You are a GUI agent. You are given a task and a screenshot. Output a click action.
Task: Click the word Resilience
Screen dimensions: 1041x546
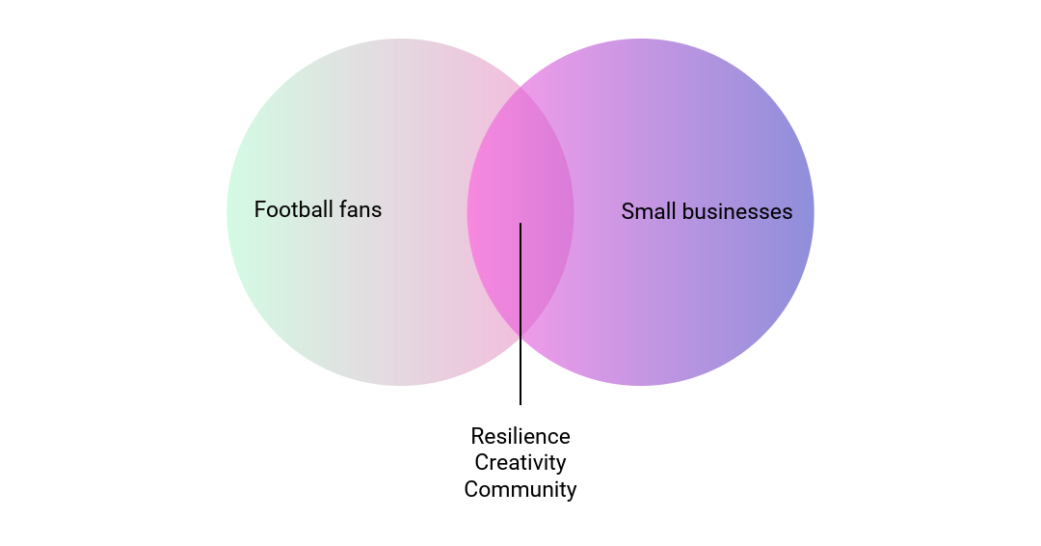pyautogui.click(x=520, y=436)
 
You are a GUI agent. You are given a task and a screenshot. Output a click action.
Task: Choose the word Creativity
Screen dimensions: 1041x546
pyautogui.click(x=520, y=463)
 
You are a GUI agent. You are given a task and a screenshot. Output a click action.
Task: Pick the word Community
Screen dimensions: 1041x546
pyautogui.click(x=520, y=490)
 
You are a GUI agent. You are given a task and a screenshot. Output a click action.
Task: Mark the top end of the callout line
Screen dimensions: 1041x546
pyautogui.click(x=520, y=224)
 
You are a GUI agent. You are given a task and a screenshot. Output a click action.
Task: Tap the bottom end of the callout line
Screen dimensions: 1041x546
pyautogui.click(x=520, y=404)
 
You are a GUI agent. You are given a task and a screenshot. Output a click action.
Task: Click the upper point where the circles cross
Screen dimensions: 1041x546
pyautogui.click(x=520, y=88)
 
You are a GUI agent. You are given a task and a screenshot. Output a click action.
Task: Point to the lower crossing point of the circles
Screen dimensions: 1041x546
pyautogui.click(x=520, y=337)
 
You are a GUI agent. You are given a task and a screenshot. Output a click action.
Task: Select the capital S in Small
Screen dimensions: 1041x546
pyautogui.click(x=627, y=211)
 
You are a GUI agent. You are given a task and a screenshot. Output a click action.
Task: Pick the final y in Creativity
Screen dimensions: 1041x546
pyautogui.click(x=561, y=465)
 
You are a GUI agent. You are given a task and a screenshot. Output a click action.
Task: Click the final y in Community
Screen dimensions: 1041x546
pyautogui.click(x=572, y=492)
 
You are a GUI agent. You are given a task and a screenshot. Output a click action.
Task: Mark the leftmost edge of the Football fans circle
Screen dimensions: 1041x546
pyautogui.click(x=227, y=212)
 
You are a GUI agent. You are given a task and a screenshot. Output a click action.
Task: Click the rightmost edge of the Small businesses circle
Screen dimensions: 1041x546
pyautogui.click(x=814, y=212)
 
